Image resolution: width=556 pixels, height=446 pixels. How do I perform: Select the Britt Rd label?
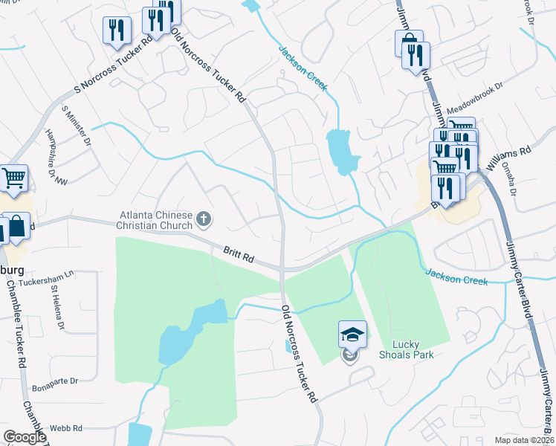pyautogui.click(x=239, y=254)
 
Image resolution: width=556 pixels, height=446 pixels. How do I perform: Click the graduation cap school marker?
pyautogui.click(x=352, y=334)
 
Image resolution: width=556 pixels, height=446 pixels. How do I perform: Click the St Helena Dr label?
pyautogui.click(x=58, y=311)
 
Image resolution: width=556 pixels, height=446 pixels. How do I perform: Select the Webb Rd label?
pyautogui.click(x=65, y=429)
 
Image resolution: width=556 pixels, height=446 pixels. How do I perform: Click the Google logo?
pyautogui.click(x=25, y=437)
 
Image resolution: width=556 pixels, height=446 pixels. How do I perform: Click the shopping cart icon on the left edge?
pyautogui.click(x=13, y=178)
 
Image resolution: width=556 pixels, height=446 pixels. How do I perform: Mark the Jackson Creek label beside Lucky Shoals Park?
pyautogui.click(x=456, y=277)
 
